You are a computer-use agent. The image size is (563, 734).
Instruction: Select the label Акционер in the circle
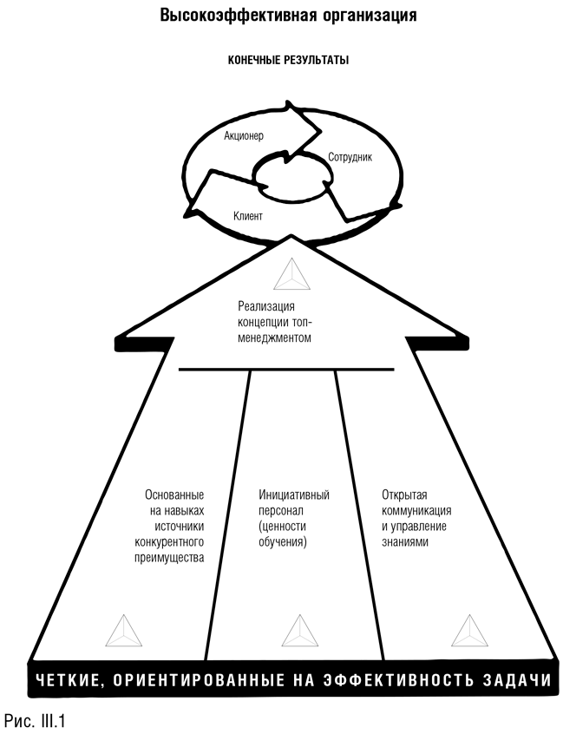tap(243, 136)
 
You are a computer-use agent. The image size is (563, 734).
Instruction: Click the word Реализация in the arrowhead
tap(266, 305)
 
